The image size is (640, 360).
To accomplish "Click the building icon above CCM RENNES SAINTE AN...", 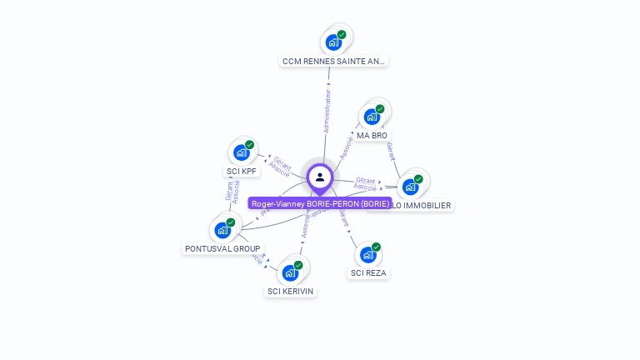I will click(x=334, y=42).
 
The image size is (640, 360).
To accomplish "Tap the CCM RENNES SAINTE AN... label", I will click(x=334, y=61).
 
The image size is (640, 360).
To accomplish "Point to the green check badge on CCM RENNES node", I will click(x=342, y=35).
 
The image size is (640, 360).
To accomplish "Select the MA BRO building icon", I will click(x=372, y=116).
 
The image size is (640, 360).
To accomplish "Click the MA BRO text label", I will click(x=372, y=135).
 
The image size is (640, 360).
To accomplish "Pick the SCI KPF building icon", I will click(x=242, y=152).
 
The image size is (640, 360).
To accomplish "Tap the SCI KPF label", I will click(x=242, y=172).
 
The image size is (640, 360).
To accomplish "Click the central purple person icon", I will click(x=320, y=177).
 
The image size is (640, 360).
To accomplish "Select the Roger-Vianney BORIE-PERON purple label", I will click(x=320, y=203).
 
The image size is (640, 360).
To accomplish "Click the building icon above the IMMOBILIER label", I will click(x=410, y=186).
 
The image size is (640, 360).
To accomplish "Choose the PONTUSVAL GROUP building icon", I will click(x=222, y=229).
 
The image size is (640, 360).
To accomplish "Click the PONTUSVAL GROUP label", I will click(x=222, y=248).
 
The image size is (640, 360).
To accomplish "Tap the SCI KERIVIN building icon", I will click(x=290, y=272).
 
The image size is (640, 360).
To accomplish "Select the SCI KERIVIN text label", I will click(x=291, y=291).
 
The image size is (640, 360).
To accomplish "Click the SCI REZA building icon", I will click(x=367, y=254).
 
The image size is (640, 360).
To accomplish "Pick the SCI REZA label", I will click(x=368, y=272).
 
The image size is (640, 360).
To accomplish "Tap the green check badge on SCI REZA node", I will click(x=376, y=247).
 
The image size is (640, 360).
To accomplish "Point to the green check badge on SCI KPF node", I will click(x=249, y=145).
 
